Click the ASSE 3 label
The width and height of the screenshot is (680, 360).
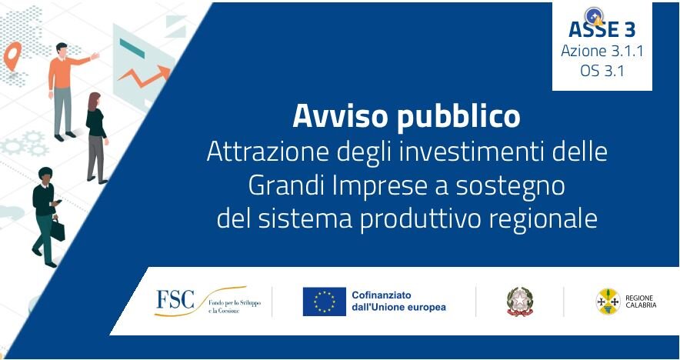602,30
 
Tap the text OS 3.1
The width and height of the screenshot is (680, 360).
602,71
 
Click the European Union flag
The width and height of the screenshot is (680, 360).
324,302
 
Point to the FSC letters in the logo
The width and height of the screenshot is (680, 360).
175,299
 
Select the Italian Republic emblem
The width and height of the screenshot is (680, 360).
520,302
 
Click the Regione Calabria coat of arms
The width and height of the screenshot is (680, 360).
608,302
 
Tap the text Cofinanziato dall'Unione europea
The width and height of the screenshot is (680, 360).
398,302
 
